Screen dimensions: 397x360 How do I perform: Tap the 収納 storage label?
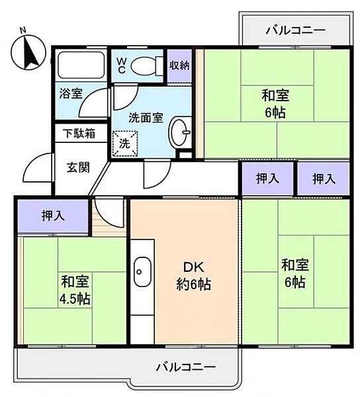pos(179,65)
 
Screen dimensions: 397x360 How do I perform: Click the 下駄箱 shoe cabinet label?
pos(79,132)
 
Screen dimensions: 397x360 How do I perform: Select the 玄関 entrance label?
pos(79,167)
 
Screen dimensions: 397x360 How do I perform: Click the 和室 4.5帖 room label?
pos(75,290)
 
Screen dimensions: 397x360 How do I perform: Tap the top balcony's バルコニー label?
pos(286,30)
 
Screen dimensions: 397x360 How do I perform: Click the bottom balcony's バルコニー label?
pos(186,366)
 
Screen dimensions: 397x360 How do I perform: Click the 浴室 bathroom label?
pos(71,93)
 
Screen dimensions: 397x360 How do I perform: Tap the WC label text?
pos(122,64)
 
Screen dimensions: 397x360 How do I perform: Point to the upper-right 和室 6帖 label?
pos(275,103)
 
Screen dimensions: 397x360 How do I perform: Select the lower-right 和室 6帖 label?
pos(293,273)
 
